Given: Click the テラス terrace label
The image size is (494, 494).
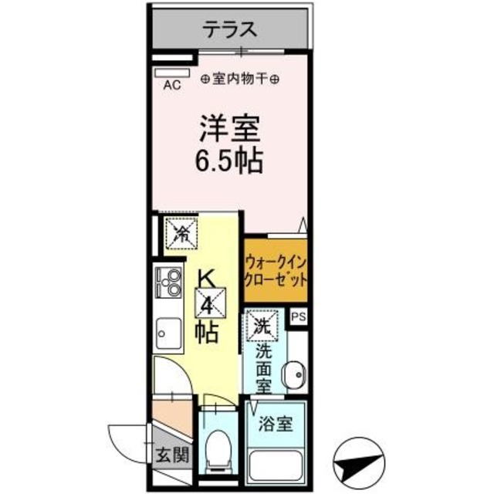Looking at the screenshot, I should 230,30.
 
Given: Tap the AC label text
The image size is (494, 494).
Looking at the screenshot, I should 172,86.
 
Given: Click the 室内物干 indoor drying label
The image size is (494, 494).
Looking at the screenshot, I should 241,79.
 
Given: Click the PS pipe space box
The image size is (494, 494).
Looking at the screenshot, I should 299,316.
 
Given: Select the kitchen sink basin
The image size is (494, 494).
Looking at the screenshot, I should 167,334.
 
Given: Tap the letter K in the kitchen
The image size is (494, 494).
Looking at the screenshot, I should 208,276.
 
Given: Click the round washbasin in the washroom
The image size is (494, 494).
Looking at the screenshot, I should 293,377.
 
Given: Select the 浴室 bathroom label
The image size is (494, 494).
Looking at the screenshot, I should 276,425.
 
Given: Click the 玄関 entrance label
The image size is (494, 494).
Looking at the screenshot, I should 172,455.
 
